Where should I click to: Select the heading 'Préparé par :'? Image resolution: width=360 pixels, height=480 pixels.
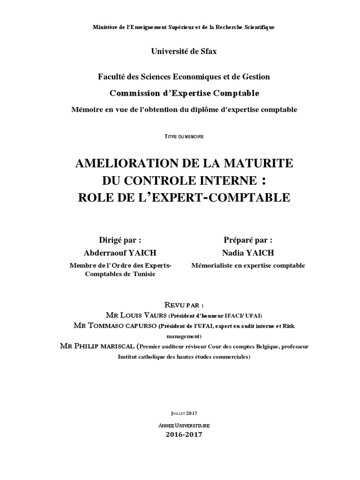248,240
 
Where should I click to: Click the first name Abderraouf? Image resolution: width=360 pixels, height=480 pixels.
105,253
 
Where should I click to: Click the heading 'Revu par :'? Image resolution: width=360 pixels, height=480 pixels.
184,304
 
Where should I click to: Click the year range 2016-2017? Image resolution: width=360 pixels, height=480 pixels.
184,435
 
